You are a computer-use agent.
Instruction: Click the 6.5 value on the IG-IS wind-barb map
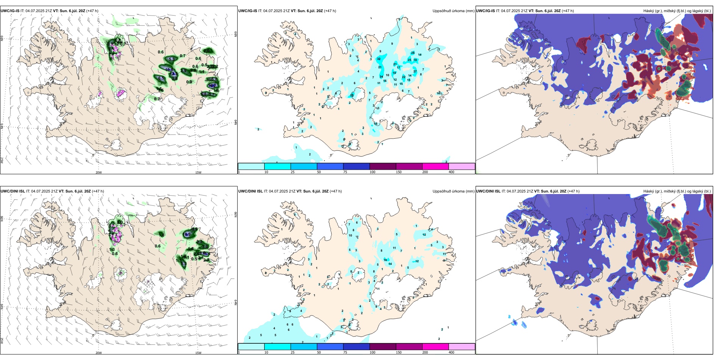click(x=161, y=78)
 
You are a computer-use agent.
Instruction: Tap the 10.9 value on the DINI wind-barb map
click(x=187, y=235)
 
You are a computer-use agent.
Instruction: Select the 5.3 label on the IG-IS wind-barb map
click(x=172, y=59)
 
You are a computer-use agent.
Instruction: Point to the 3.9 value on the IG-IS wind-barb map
click(x=183, y=70)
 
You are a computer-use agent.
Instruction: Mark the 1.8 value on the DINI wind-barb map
click(x=161, y=235)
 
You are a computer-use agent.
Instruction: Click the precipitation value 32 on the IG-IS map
click(x=379, y=59)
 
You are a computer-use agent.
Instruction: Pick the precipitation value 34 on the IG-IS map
click(x=382, y=77)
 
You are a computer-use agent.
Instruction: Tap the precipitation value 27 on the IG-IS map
click(x=415, y=72)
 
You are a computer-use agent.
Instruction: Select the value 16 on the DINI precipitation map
click(x=385, y=260)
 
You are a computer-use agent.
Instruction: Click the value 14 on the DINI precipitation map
click(x=390, y=264)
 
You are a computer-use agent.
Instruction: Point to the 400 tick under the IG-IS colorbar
click(x=451, y=172)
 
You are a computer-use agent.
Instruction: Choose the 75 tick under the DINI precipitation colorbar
click(x=346, y=352)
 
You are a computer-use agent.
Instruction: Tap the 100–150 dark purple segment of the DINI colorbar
click(x=383, y=347)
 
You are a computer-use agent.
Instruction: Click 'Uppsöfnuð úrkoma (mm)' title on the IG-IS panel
click(x=453, y=11)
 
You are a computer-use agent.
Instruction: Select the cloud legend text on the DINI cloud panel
click(x=677, y=191)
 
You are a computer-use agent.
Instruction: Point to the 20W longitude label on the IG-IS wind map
click(x=99, y=172)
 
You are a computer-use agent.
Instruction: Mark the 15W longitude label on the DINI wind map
click(x=198, y=353)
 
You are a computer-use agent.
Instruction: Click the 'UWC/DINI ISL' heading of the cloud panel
click(x=488, y=191)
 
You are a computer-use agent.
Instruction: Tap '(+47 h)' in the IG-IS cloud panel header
click(x=568, y=11)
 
